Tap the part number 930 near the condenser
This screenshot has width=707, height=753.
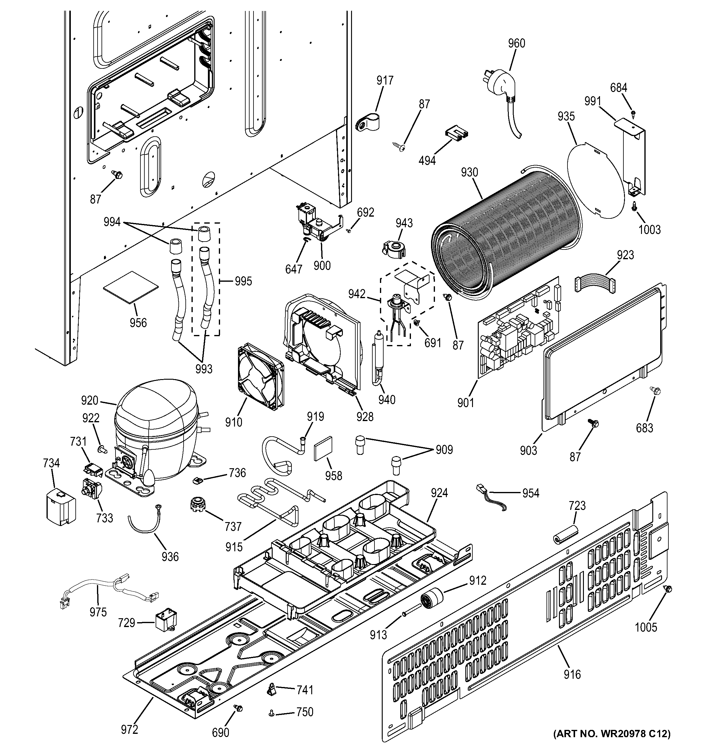pyautogui.click(x=469, y=173)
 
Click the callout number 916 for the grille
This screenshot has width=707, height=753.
pyautogui.click(x=571, y=674)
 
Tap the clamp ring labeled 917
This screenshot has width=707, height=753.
pyautogui.click(x=368, y=123)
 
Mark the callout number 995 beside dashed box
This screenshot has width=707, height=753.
pyautogui.click(x=243, y=281)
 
